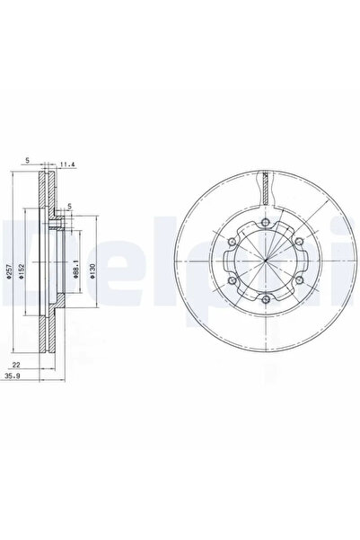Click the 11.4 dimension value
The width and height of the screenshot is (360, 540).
[66, 163]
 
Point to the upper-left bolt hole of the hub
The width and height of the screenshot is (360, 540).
[235, 241]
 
